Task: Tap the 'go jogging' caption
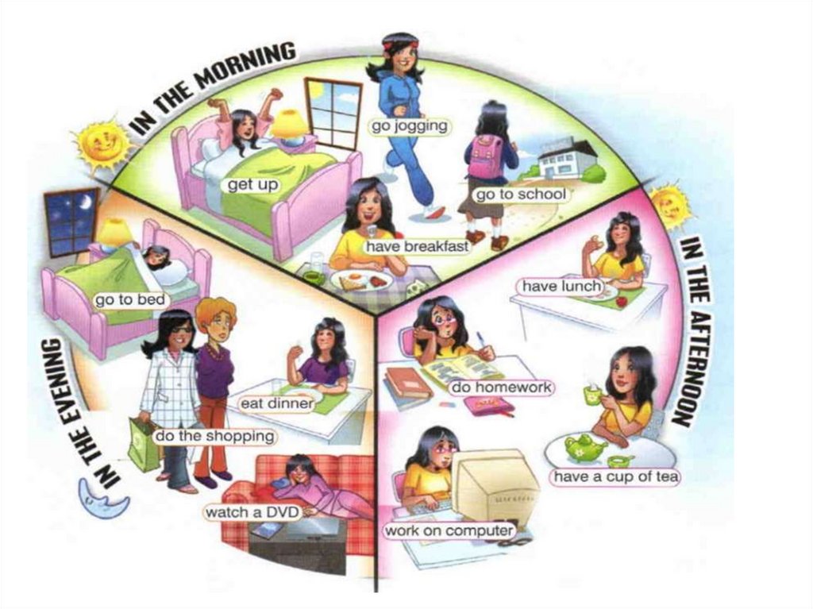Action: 410,125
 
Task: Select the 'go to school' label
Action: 520,195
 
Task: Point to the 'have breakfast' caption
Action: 417,246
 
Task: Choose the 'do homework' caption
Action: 501,388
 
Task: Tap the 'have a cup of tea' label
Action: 615,477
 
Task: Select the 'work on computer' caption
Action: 449,530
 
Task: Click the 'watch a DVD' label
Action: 252,513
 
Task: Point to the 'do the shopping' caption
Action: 214,436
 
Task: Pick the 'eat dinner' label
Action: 282,404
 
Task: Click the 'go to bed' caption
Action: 130,300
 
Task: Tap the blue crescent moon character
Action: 103,498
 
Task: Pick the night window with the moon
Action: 71,222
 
